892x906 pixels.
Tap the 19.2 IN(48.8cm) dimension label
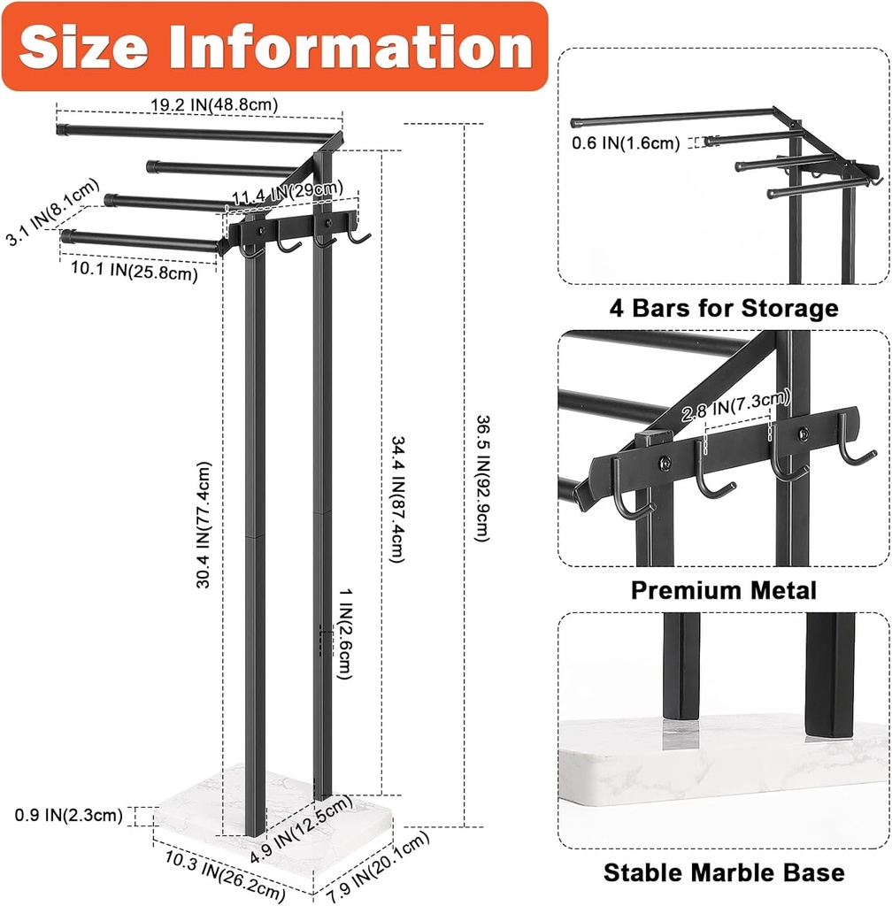click(x=214, y=104)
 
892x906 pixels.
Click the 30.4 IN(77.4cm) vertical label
click(x=204, y=524)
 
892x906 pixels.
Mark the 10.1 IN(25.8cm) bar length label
click(x=129, y=273)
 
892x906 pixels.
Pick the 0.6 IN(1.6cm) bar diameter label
click(x=625, y=142)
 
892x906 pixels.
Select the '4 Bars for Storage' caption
click(x=723, y=308)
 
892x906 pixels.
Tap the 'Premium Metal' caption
click(x=723, y=590)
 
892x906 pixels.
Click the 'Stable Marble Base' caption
click(x=723, y=872)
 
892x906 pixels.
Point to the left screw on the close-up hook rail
click(x=665, y=462)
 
